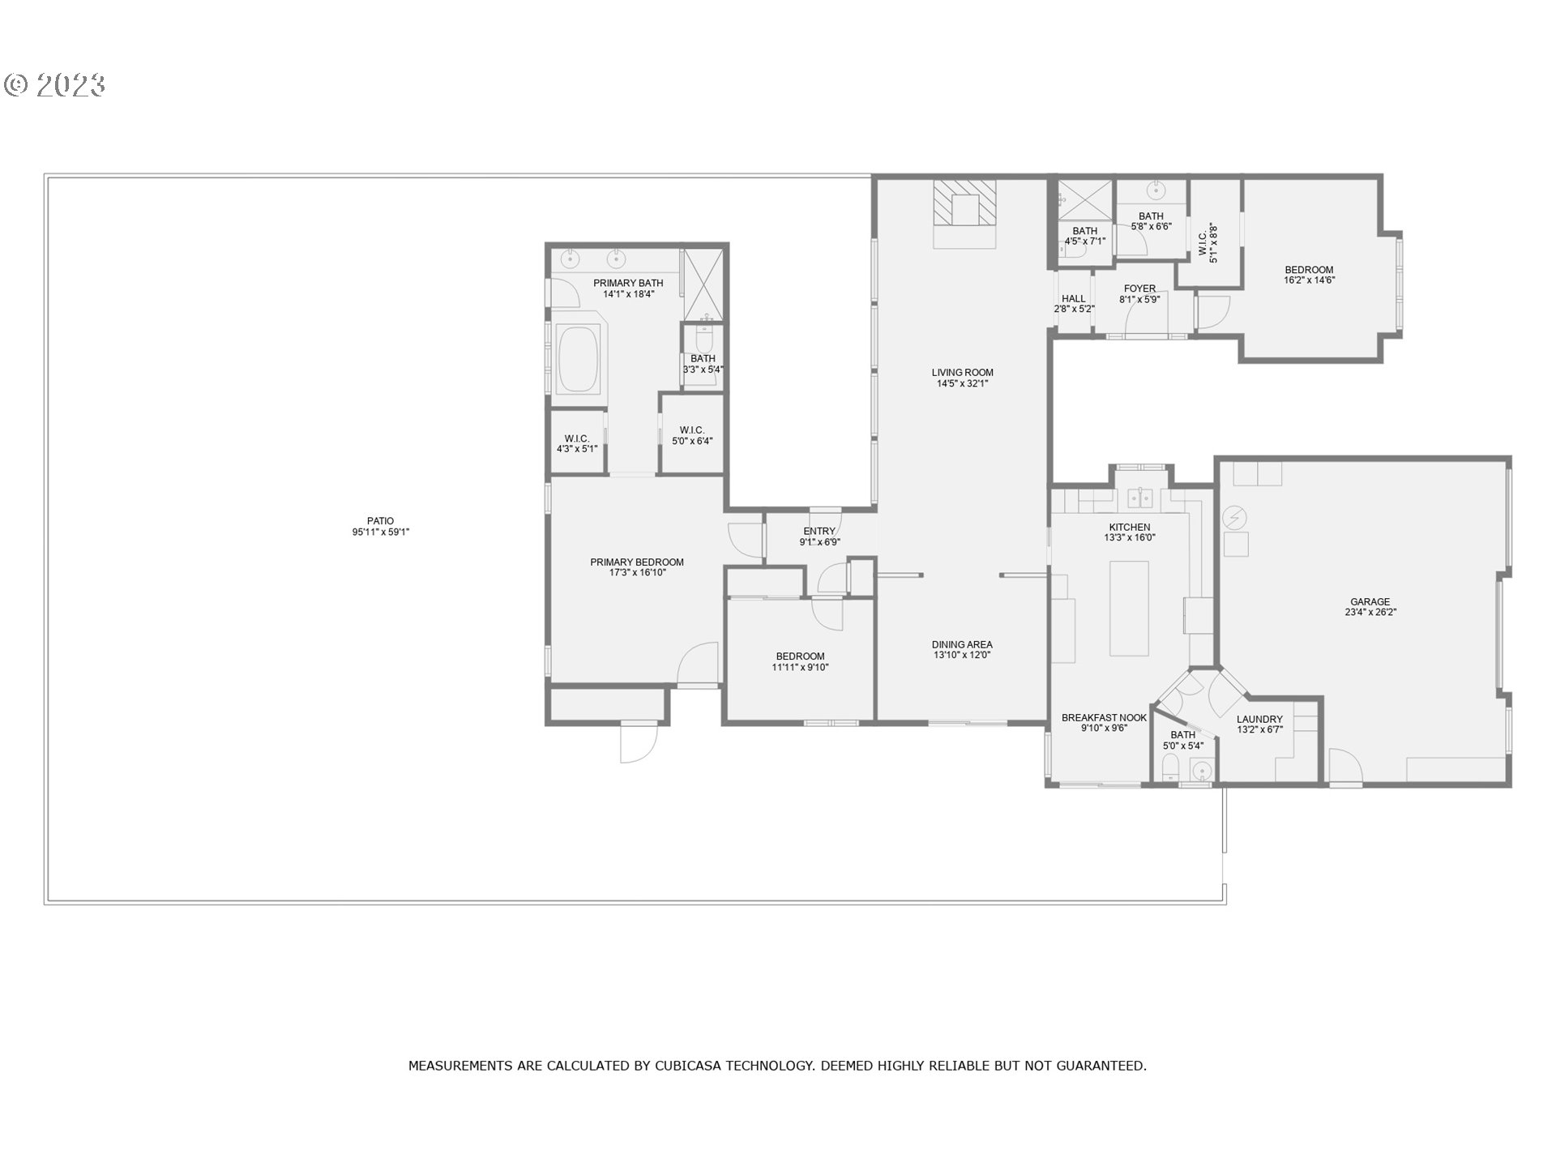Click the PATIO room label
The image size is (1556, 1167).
pyautogui.click(x=380, y=522)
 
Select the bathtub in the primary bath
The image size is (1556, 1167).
pyautogui.click(x=579, y=359)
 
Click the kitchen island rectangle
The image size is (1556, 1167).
pyautogui.click(x=1129, y=607)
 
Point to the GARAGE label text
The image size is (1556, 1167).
pyautogui.click(x=1370, y=602)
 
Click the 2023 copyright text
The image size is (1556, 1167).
pyautogui.click(x=55, y=85)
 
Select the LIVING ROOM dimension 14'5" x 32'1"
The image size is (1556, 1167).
pyautogui.click(x=962, y=384)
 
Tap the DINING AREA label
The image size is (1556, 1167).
pyautogui.click(x=962, y=645)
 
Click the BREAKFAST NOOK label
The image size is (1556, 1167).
pyautogui.click(x=1104, y=718)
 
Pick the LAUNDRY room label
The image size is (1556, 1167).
pyautogui.click(x=1259, y=720)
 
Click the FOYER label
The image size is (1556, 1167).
pyautogui.click(x=1139, y=289)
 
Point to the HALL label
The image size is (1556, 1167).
pyautogui.click(x=1073, y=299)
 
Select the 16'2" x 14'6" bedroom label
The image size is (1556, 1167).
pyautogui.click(x=1309, y=276)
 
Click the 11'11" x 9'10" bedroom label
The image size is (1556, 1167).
pyautogui.click(x=800, y=662)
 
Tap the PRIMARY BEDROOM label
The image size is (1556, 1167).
pyautogui.click(x=637, y=562)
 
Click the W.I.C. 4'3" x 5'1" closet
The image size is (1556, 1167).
pyautogui.click(x=577, y=443)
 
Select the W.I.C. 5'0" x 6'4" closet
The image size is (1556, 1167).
pyautogui.click(x=691, y=435)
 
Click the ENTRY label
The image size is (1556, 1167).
pyautogui.click(x=819, y=532)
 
